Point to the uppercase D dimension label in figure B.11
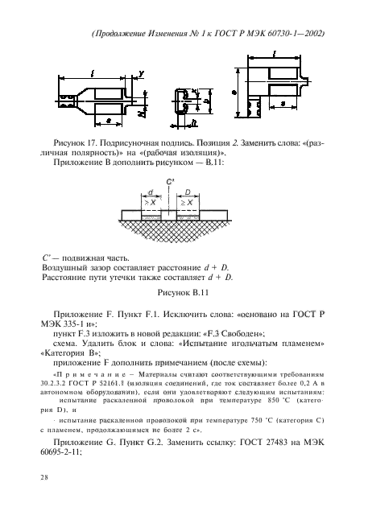tap(188, 192)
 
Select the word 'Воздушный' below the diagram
tap(64, 266)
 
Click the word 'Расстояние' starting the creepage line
tap(66, 277)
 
